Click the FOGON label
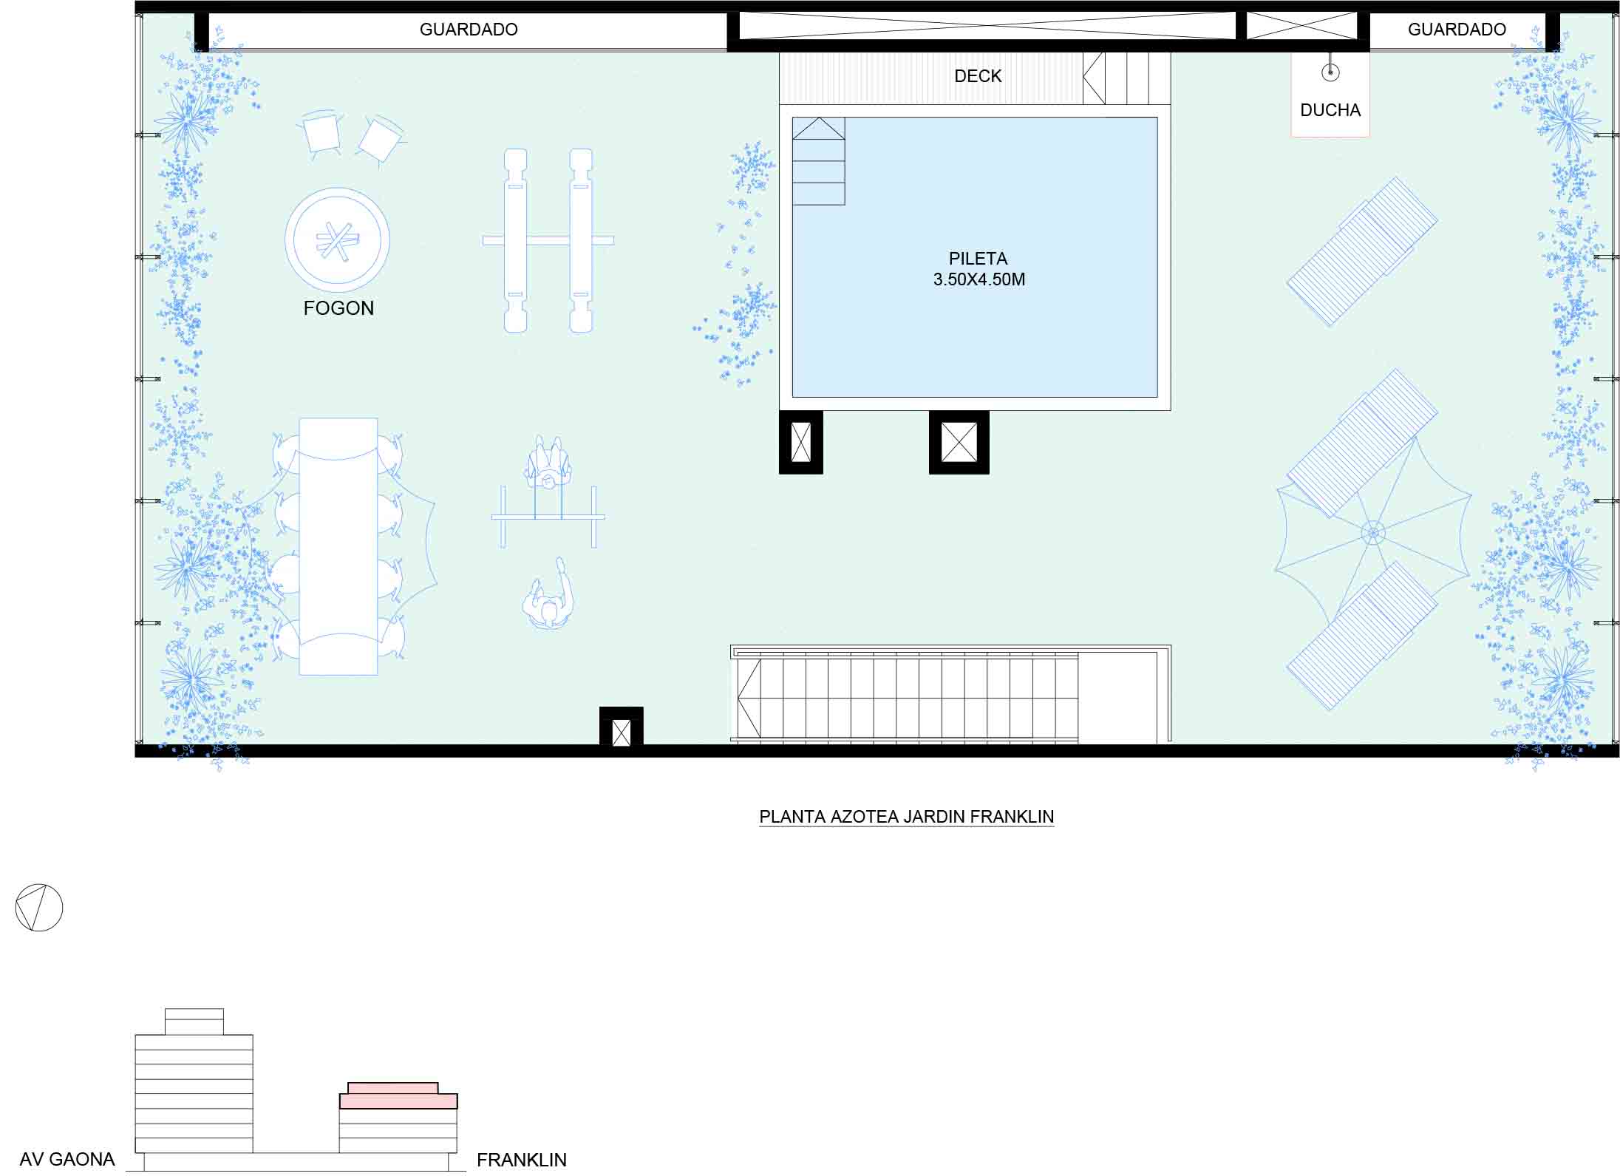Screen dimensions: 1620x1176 coord(338,308)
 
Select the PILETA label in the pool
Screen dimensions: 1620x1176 coord(978,259)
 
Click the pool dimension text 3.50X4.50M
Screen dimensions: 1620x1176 coord(979,279)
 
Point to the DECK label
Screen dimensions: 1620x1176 coord(978,76)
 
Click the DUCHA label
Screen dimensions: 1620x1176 coord(1330,110)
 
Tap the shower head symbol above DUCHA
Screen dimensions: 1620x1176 coord(1330,72)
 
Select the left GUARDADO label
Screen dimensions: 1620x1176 coord(469,30)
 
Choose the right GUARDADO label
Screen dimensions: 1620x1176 coord(1457,30)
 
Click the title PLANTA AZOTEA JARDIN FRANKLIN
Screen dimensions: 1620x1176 coord(907,817)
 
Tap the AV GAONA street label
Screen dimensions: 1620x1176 coord(67,1160)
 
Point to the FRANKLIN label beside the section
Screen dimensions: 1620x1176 coord(522,1160)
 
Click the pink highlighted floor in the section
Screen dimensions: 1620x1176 coord(398,1101)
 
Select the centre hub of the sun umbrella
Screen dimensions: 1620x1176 coord(1373,532)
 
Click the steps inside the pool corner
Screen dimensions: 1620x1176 coord(819,161)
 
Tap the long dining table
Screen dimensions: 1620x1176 coord(338,546)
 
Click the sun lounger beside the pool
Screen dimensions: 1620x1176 coord(1362,251)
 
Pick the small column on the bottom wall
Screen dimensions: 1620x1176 coord(622,728)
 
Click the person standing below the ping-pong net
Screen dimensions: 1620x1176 coord(549,596)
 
